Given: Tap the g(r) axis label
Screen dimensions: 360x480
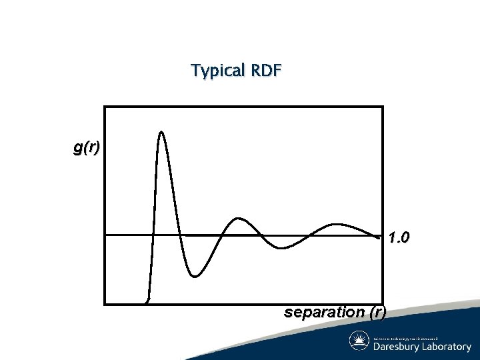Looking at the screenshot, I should click(87, 148).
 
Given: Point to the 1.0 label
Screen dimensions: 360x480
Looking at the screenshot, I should click(399, 237).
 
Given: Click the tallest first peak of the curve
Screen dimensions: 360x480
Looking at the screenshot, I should click(161, 131).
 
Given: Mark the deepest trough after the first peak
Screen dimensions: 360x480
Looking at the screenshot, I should click(194, 276).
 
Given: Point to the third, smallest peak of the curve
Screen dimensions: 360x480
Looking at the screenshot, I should click(337, 224).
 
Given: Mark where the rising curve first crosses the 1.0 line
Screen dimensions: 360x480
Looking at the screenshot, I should click(153, 235).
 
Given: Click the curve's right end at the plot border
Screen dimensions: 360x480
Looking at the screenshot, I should click(382, 235).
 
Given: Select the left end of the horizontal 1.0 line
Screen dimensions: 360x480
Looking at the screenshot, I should click(106, 235).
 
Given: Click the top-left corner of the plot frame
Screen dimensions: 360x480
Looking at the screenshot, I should click(105, 107).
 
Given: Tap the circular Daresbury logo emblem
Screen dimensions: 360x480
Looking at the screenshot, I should click(360, 341).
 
